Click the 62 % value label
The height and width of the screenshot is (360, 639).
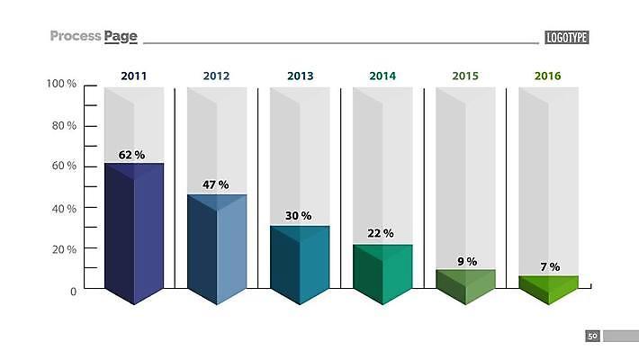coord(131,155)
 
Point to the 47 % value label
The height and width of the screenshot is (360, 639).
coord(215,184)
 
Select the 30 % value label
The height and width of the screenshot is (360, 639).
coord(298,216)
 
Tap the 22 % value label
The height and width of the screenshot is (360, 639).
coord(381,233)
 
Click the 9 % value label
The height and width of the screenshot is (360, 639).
coord(466,261)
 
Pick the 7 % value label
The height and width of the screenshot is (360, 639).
coord(549,266)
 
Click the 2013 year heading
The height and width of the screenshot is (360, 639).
coord(301,76)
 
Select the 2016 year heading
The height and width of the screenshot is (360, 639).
coord(547,76)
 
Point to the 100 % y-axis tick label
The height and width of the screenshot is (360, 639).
coord(61,84)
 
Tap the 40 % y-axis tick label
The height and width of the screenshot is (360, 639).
coord(63,208)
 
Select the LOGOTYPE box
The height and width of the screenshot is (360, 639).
coord(567,37)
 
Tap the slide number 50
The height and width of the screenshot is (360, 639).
coord(592,336)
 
